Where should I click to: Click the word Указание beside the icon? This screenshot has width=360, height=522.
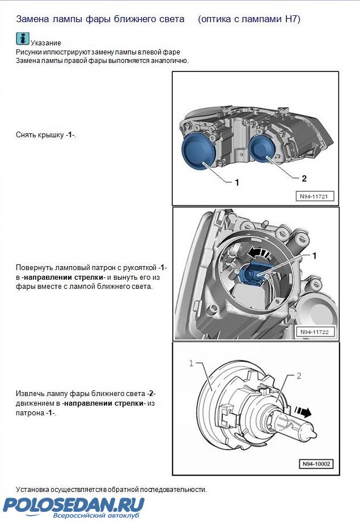pos(46,43)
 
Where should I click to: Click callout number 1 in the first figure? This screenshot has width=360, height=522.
pos(236,182)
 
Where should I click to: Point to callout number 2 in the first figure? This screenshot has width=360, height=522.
pos(304,178)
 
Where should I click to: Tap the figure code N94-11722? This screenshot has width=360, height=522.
pos(315,332)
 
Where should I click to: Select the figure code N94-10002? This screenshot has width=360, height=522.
pos(317,464)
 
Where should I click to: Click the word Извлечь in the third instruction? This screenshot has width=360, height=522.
pos(31,393)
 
